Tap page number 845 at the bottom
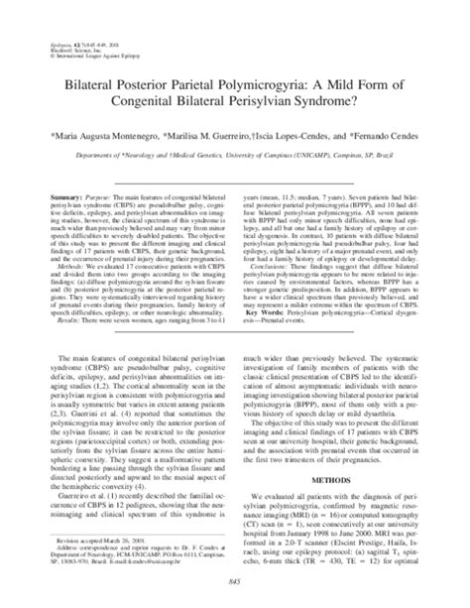[x=235, y=582]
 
